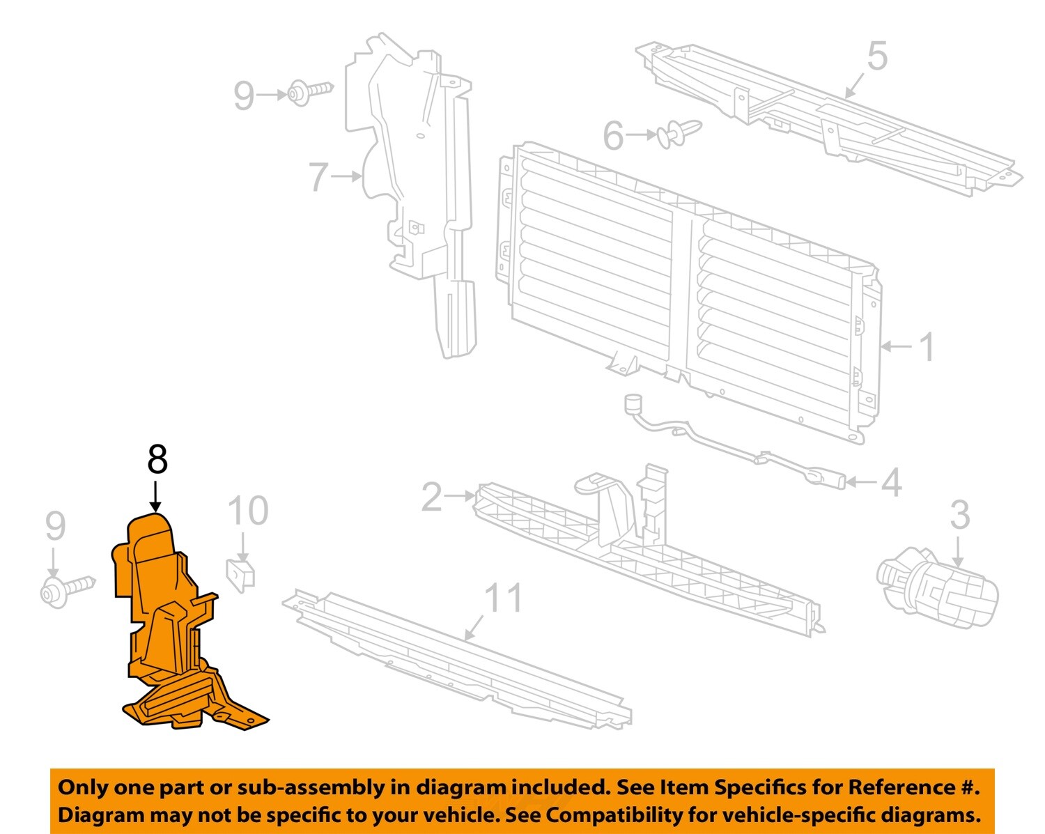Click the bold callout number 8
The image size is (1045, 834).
coord(157,461)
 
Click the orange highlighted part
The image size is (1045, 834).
coord(167,627)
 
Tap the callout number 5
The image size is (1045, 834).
coord(876,56)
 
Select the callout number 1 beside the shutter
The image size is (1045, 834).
coord(926,346)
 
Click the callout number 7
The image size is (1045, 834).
coord(318,177)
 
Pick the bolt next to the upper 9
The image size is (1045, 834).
coord(310,92)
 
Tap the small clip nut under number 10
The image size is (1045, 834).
coord(241,574)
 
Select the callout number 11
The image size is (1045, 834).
coord(503,597)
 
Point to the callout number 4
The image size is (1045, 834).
coord(892,482)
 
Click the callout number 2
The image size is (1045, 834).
coord(431,497)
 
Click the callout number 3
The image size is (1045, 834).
coord(959,515)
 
